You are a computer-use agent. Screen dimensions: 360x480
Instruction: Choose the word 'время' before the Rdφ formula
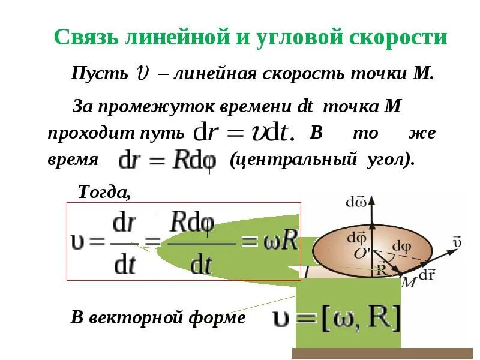(73, 160)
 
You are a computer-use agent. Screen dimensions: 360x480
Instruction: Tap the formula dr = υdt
(243, 133)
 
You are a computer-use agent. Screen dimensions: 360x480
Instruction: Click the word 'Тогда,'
(104, 192)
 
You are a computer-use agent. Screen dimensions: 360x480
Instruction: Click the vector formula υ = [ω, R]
(336, 318)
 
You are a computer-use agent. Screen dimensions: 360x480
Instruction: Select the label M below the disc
(408, 282)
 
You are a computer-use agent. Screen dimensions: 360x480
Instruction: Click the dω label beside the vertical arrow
(355, 202)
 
